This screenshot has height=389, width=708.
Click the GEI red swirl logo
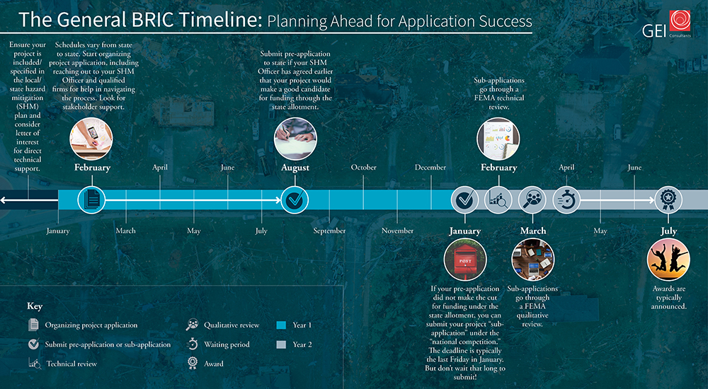point(680,21)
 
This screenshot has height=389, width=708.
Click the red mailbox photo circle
point(465,260)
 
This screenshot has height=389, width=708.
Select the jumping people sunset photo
point(668,260)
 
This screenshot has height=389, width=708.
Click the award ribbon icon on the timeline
point(668,199)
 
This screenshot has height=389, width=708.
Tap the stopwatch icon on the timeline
point(566,199)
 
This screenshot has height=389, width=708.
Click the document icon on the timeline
point(91,199)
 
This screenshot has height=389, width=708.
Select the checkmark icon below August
point(295,199)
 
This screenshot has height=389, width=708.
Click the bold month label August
point(295,168)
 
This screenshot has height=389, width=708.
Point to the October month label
point(363,167)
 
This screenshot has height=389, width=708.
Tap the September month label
point(330,231)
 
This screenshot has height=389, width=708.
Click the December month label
point(430,167)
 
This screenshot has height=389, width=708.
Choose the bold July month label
point(669,231)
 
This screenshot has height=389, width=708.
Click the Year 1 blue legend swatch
point(281,325)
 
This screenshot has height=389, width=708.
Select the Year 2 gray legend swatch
point(281,344)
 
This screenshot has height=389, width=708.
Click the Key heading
point(35,306)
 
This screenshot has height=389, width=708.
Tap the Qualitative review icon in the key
point(193,325)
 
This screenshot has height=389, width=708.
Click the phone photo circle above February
point(91,139)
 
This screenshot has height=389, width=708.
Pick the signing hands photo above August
point(295,139)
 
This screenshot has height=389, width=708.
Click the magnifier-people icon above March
point(532,199)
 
